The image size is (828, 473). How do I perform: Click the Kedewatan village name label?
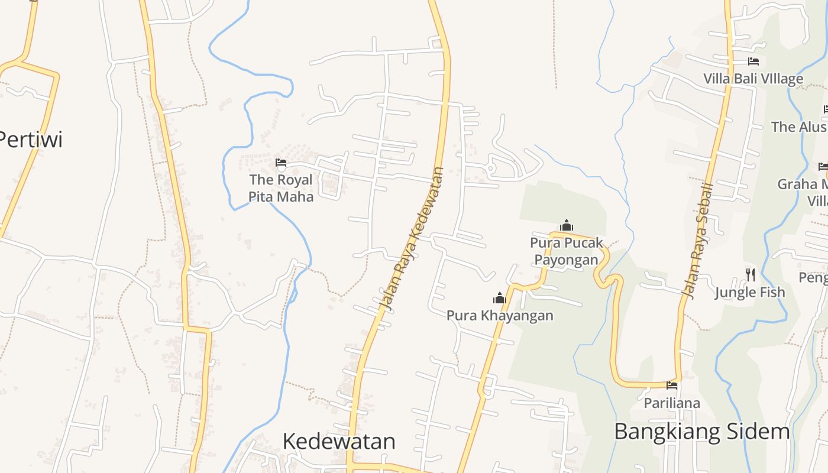(339, 441)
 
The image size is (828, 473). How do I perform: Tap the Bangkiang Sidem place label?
(702, 432)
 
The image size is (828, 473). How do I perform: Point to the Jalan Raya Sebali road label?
(697, 239)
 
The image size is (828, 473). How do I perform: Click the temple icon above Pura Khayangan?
(500, 299)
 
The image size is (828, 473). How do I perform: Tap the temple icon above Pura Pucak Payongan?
(567, 225)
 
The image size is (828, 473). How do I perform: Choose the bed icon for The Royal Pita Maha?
(281, 163)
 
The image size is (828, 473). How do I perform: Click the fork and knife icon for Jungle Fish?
(750, 274)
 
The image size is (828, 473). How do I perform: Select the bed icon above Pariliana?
(672, 385)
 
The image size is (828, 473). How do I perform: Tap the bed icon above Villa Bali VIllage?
(753, 61)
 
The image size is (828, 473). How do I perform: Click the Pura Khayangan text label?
(500, 315)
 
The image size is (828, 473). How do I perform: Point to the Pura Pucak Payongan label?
(567, 251)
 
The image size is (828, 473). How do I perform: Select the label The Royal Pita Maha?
(281, 188)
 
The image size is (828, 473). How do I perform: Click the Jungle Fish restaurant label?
(750, 292)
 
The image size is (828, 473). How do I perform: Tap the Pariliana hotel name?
(672, 403)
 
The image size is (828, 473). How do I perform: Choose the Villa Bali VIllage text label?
(753, 79)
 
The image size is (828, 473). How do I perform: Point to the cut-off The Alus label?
(798, 127)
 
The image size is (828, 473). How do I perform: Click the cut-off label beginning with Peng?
(813, 277)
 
